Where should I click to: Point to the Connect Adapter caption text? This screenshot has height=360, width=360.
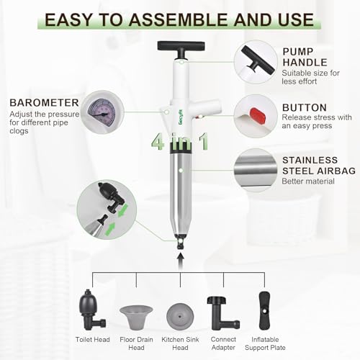coord(224,341)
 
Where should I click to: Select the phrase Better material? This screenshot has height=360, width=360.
coord(309,181)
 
